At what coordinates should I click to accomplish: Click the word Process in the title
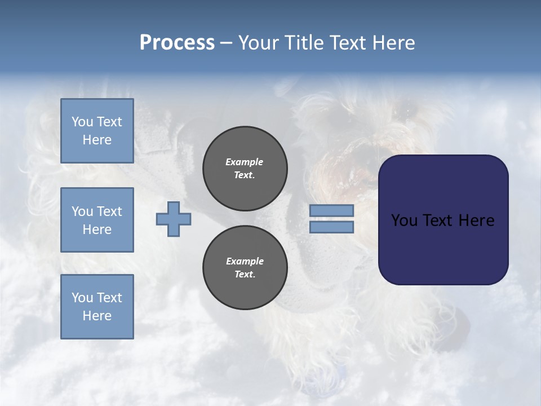point(177,43)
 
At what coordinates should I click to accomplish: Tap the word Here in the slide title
point(393,43)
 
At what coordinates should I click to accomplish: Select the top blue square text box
point(97,131)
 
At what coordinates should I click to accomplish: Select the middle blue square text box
point(97,220)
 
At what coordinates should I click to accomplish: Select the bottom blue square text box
point(97,306)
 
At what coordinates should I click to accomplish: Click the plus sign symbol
point(174,219)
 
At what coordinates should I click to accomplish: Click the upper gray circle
point(245,169)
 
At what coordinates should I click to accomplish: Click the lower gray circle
point(245,267)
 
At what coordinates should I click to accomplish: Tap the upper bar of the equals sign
point(331,210)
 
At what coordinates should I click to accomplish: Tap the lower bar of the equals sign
point(331,227)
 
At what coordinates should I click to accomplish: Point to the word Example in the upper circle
point(245,162)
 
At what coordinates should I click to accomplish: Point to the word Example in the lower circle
point(245,261)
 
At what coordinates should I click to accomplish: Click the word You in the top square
point(82,122)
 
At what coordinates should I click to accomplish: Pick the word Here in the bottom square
point(97,316)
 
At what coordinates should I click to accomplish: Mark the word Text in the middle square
point(109,211)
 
